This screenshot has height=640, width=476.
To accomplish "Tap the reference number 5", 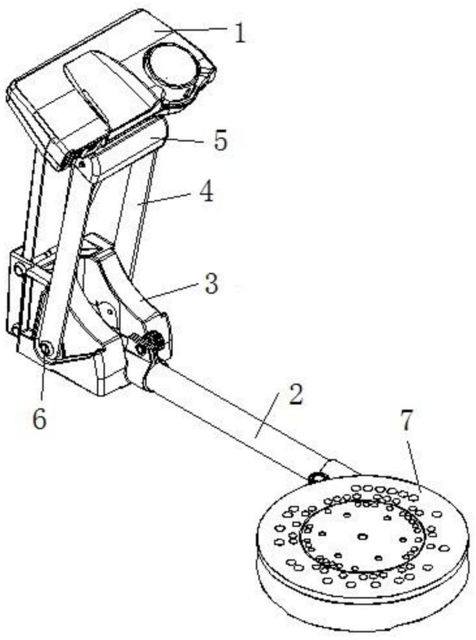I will (x=220, y=141).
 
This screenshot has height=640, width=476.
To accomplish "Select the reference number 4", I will (x=206, y=193).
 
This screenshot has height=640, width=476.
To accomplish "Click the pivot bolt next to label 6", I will (x=45, y=348).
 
